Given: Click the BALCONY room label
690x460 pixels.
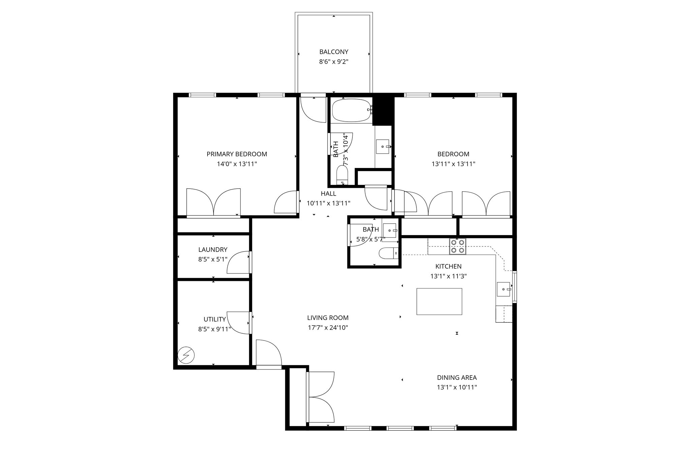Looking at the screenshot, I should click(x=334, y=52).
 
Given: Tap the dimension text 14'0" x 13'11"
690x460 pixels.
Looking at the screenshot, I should click(x=237, y=164).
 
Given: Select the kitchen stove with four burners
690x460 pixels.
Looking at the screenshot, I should click(x=458, y=246).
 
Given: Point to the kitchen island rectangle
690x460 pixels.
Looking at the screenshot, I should click(x=439, y=301).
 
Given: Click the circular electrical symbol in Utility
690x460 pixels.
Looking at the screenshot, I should click(x=186, y=356).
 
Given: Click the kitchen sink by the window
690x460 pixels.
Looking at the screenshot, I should click(x=503, y=289).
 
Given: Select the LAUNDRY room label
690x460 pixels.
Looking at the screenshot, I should click(x=213, y=250).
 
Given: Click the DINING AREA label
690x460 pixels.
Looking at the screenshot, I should click(x=457, y=377).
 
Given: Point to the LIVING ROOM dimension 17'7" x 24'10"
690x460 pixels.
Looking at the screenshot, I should click(x=327, y=327).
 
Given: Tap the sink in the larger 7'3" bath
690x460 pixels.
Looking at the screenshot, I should click(x=382, y=146).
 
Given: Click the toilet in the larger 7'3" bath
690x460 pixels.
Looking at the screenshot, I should click(x=342, y=175).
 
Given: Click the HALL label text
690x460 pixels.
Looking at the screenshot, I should click(x=328, y=194).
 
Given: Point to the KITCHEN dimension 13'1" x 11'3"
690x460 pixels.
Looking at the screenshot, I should click(x=448, y=276).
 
